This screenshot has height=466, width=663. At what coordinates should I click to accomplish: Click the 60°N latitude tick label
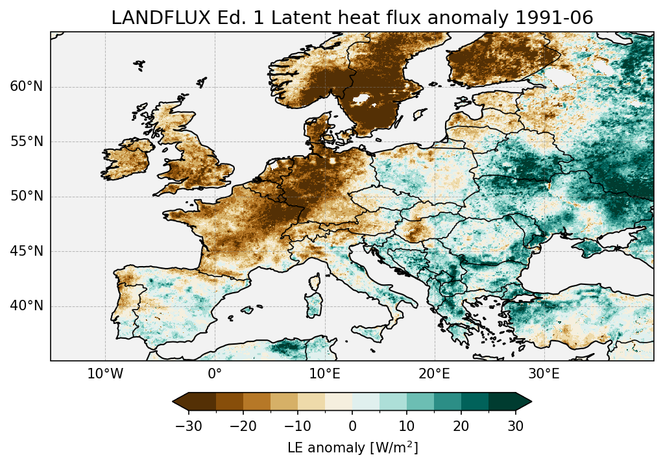point(27,87)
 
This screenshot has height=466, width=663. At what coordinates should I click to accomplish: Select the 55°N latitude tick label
point(27,141)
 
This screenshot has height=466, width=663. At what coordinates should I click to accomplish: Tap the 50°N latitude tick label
point(27,197)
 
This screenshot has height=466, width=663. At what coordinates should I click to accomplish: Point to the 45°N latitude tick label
point(27,251)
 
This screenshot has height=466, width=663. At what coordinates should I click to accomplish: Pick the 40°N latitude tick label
point(27,306)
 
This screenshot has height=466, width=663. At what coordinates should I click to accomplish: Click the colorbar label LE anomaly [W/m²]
point(352,448)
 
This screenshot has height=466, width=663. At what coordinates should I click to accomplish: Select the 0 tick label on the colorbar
point(352,426)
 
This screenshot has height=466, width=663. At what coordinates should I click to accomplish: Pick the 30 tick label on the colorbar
point(516,426)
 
